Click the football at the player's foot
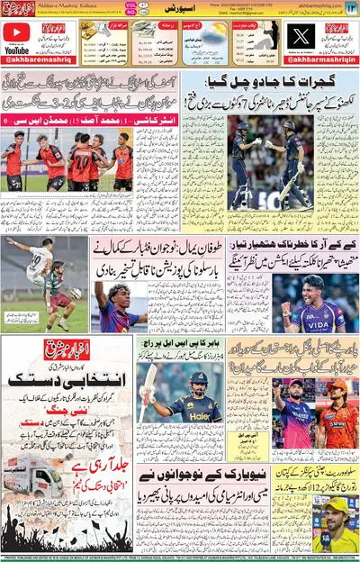pos(76,294)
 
